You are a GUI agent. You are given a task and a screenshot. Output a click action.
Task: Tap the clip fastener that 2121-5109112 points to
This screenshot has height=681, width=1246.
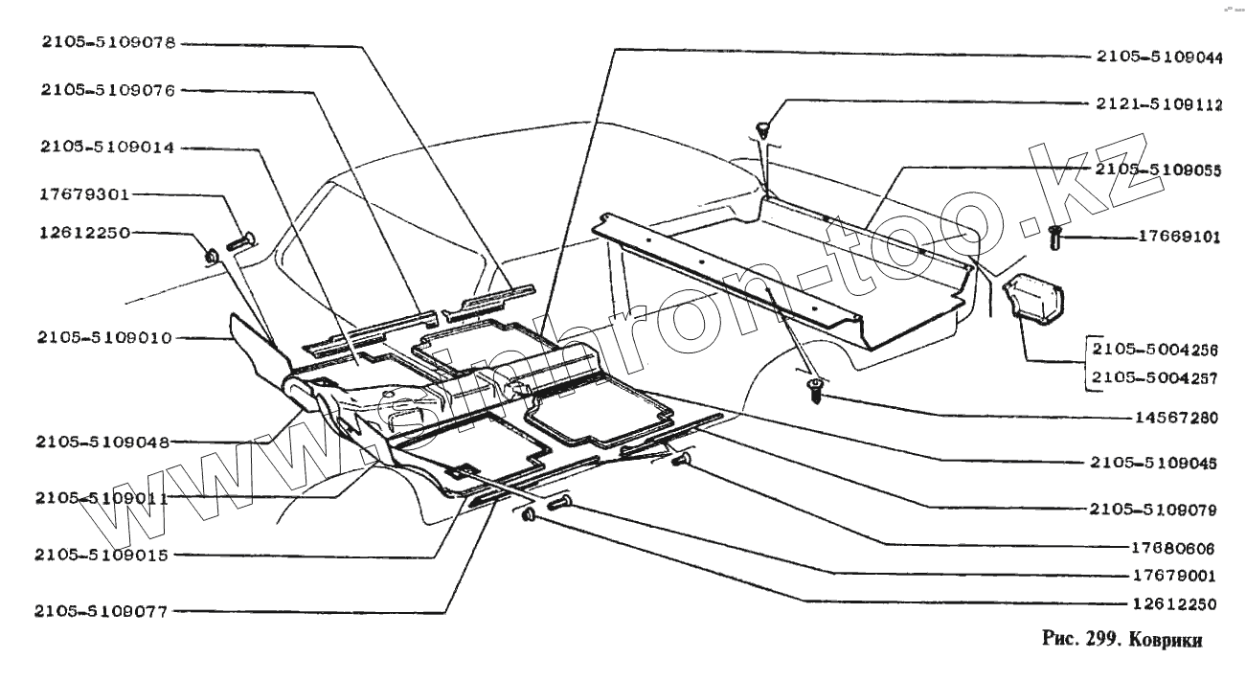[763, 126]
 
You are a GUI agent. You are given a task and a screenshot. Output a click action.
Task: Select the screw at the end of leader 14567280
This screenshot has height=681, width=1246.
[816, 389]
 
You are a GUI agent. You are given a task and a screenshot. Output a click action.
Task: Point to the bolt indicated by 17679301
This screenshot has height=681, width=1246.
[241, 240]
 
